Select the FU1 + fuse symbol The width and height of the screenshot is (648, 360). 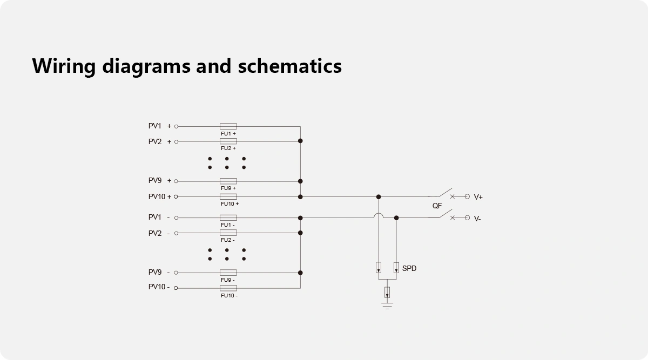[x=228, y=126]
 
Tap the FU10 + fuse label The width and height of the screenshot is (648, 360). [x=230, y=204]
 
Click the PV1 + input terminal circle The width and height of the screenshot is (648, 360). [x=176, y=127]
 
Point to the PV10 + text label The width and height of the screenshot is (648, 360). [x=160, y=197]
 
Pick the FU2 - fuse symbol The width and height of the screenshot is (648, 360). [x=228, y=233]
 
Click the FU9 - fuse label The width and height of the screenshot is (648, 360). [x=227, y=280]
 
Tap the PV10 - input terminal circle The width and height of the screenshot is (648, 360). [x=176, y=288]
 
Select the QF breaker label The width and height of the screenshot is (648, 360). [x=437, y=206]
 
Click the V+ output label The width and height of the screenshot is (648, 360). [x=478, y=198]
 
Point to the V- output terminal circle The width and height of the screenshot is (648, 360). [x=468, y=218]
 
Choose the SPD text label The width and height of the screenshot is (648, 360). [x=409, y=268]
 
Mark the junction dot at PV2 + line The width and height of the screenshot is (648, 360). [x=300, y=141]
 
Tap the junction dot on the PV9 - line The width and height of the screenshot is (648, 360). [x=300, y=273]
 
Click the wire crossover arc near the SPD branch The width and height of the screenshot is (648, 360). [x=379, y=216]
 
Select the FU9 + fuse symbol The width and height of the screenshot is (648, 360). [x=228, y=181]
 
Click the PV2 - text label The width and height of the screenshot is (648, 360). [x=159, y=234]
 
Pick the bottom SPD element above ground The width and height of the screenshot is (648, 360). [x=387, y=293]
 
